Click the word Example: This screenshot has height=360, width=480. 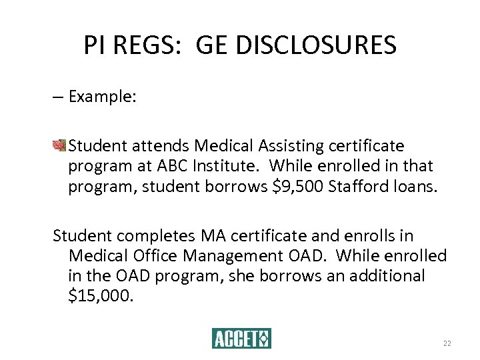[x=103, y=97]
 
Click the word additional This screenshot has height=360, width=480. [x=383, y=276]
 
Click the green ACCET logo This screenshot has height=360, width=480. [x=241, y=339]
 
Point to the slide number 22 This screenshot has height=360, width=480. [x=447, y=343]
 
